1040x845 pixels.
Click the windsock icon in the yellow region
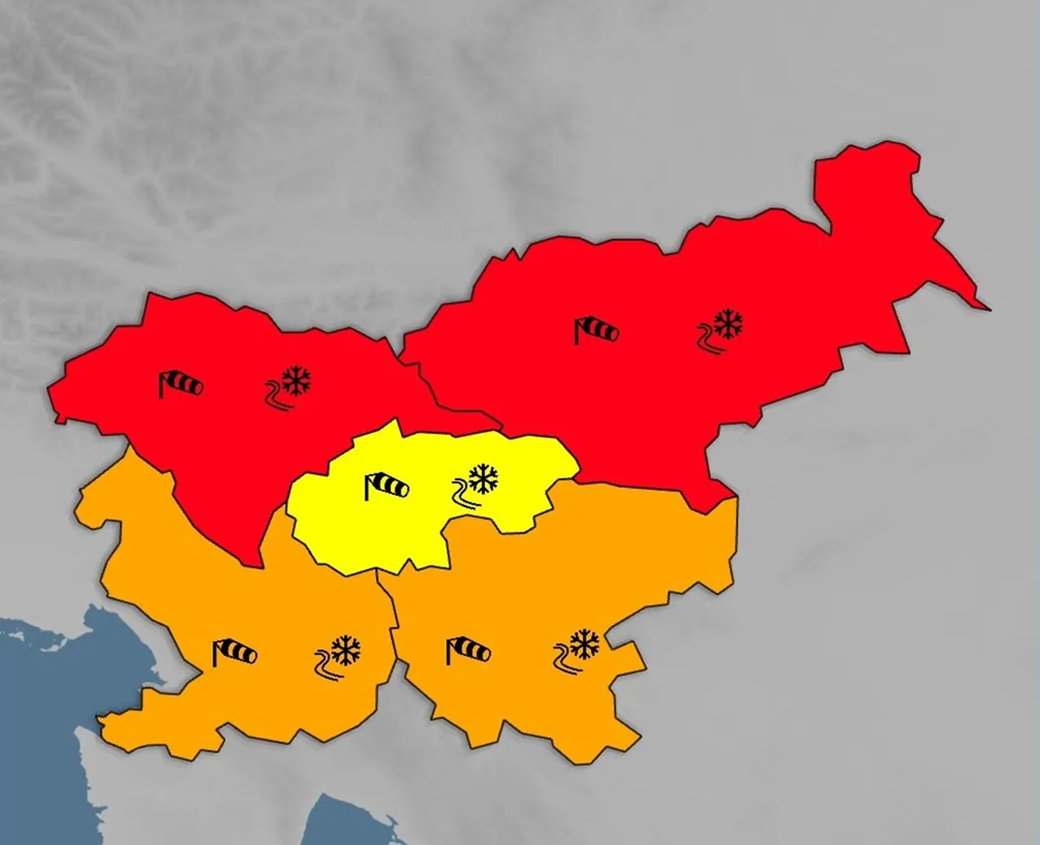tap(387, 486)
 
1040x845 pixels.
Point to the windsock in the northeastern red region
tap(596, 330)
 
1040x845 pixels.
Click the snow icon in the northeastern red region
tap(727, 323)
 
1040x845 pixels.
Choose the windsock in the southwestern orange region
tap(235, 652)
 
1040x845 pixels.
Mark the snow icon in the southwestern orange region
tap(345, 650)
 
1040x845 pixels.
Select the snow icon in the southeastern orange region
tap(583, 644)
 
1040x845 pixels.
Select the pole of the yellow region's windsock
tap(368, 487)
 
